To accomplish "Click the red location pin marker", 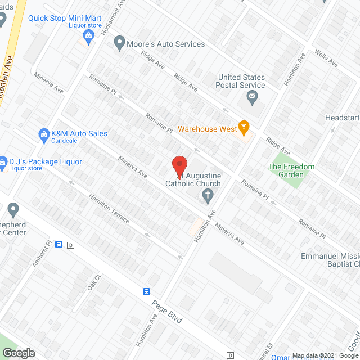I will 179,165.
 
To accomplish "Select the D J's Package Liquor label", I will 44,162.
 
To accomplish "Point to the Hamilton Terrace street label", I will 109,208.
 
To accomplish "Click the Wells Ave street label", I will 326,58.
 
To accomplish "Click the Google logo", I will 18,353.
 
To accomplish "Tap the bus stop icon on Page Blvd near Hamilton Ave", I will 146,291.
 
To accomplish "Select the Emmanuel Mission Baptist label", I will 332,244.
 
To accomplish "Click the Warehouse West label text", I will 207,129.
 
